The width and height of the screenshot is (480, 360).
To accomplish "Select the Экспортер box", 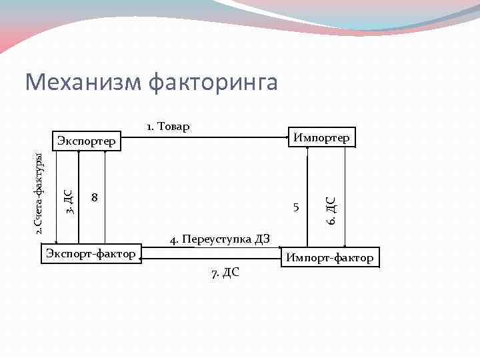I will tap(86, 141).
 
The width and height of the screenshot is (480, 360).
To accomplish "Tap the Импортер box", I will tap(320, 138).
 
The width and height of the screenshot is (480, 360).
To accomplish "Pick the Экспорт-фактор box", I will tap(91, 253).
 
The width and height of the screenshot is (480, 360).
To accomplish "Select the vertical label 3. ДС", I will tap(69, 201).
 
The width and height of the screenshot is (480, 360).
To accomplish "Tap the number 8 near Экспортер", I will tap(95, 198).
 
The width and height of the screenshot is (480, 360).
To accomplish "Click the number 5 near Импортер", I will tap(295, 207).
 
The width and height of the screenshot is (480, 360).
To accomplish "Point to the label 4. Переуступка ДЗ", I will tap(219, 239).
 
